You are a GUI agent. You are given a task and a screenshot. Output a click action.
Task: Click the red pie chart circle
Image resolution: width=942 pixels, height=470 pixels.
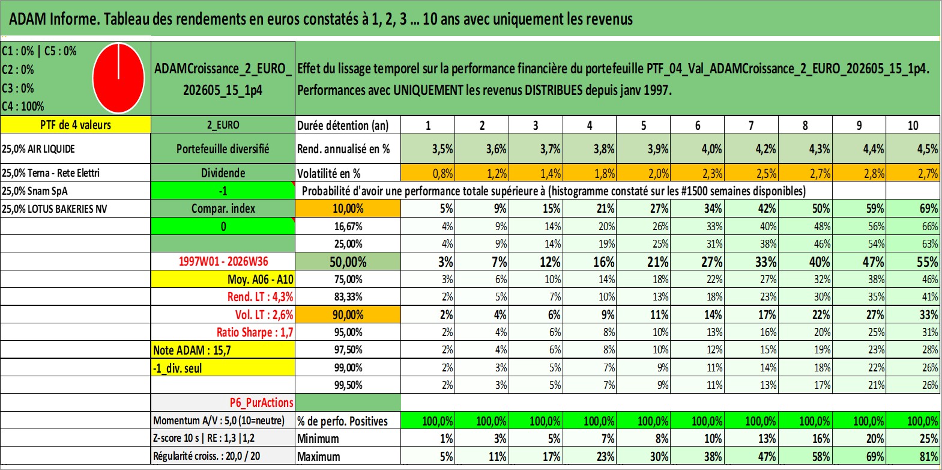(x=119, y=78)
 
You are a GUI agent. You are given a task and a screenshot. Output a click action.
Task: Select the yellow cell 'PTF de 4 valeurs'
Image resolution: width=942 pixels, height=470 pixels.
(x=75, y=124)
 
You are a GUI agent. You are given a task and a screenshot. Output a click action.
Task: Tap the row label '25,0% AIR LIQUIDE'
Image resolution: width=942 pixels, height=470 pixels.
(x=38, y=148)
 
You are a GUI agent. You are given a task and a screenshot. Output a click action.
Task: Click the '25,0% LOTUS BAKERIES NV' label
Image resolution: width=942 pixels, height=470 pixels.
(x=54, y=209)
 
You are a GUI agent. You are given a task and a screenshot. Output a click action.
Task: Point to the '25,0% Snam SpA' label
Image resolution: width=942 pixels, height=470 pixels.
(x=34, y=191)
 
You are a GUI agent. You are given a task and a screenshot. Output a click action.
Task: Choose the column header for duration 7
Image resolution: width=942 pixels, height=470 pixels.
(x=751, y=125)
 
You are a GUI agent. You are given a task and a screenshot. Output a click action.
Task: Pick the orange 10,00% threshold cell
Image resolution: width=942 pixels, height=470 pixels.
(x=348, y=209)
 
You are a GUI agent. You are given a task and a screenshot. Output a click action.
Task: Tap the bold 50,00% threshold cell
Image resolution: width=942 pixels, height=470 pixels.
(x=348, y=261)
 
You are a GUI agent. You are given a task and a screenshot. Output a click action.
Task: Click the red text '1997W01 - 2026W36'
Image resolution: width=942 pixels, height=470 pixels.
(x=223, y=261)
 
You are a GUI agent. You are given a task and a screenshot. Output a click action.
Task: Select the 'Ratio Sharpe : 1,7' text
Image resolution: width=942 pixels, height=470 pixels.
(x=255, y=332)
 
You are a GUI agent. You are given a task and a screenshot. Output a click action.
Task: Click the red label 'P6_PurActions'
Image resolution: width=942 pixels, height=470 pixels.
(x=261, y=403)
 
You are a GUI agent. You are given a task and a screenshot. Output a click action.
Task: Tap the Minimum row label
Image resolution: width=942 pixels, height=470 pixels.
(x=318, y=438)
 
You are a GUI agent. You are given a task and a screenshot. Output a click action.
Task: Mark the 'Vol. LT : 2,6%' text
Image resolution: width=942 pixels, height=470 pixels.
(x=264, y=314)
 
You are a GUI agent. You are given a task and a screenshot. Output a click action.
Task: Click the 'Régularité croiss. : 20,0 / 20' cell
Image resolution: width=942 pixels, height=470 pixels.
(x=207, y=456)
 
